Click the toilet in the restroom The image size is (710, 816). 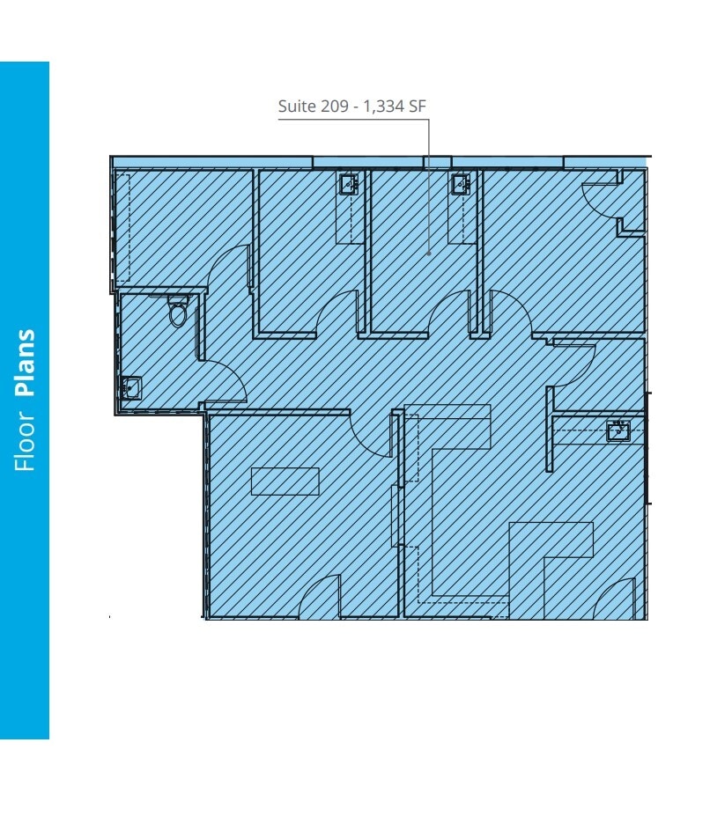178,312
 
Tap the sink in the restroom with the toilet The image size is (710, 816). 131,387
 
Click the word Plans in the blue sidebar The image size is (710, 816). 26,364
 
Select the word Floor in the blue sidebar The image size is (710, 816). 26,437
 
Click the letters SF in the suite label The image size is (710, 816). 418,107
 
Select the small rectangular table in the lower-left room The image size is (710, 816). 285,481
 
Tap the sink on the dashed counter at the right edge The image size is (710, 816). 618,431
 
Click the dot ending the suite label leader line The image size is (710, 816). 429,254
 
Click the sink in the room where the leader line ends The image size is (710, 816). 460,184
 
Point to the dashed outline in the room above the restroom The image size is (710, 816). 123,224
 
